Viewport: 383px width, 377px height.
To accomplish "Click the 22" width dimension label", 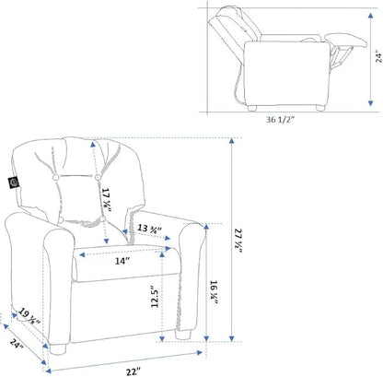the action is point(133,371).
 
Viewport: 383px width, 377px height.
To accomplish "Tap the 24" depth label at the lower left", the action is point(17,344).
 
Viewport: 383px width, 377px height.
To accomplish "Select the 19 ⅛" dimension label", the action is point(29,316).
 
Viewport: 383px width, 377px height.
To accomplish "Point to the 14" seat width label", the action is point(122,261).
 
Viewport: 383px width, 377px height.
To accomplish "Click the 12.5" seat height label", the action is point(155,296).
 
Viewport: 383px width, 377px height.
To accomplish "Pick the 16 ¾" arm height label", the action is point(214,292).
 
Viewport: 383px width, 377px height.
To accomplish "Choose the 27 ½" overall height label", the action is point(238,241).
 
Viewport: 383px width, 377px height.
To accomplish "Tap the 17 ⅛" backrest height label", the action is point(106,200).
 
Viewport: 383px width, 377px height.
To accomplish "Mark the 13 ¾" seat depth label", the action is point(149,229).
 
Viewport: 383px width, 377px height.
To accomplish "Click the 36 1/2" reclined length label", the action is point(280,120).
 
